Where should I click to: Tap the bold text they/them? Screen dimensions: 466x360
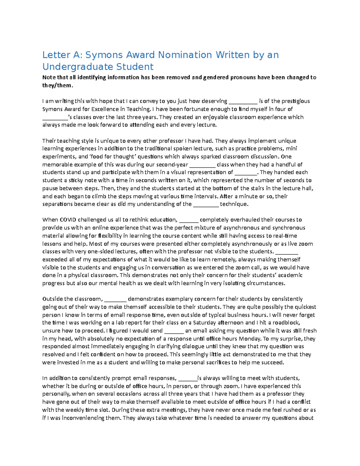tap(57, 85)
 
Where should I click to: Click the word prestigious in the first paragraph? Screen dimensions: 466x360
tap(295, 101)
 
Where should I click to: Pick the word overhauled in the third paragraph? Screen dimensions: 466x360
tap(247, 220)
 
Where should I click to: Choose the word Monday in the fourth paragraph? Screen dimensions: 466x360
tap(250, 339)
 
